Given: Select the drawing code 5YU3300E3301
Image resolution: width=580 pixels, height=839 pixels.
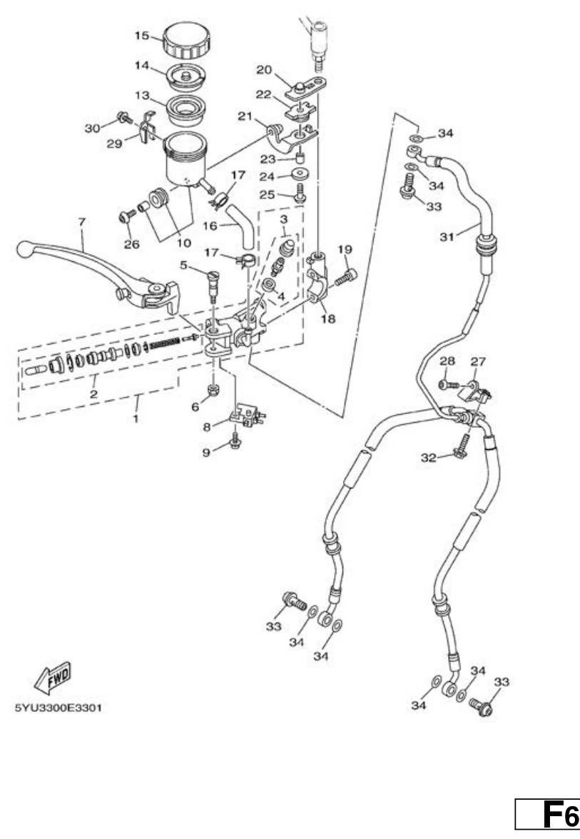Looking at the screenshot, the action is (x=58, y=708).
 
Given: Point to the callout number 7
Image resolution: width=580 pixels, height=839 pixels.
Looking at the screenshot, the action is (x=82, y=221).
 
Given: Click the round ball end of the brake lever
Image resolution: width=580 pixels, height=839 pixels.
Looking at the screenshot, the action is (x=24, y=248).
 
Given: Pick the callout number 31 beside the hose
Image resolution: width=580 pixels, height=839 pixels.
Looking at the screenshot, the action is (x=447, y=236).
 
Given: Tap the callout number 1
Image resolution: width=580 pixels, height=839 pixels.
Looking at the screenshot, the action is (x=136, y=418).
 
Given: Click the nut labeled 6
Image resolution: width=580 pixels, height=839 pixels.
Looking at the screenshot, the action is (x=213, y=390).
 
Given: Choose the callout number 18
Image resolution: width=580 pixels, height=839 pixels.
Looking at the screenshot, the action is (x=327, y=318).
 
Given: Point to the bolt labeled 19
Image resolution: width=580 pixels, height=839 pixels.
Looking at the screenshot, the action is (x=346, y=277).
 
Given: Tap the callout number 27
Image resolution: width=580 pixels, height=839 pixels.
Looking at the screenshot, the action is (x=478, y=362).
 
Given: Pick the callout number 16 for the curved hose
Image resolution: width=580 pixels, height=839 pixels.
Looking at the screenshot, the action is (x=210, y=226).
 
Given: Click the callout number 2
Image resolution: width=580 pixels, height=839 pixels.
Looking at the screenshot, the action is (x=93, y=394).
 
